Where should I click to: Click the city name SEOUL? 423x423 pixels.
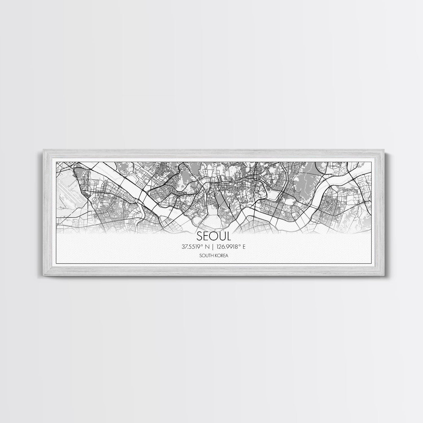pyautogui.click(x=213, y=236)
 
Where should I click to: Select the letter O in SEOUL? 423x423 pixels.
pyautogui.click(x=213, y=236)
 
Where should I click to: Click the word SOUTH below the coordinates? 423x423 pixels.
pyautogui.click(x=206, y=256)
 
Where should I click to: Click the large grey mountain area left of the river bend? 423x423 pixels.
pyautogui.click(x=305, y=183)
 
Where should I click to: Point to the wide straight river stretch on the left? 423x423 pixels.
pyautogui.click(x=118, y=180)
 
